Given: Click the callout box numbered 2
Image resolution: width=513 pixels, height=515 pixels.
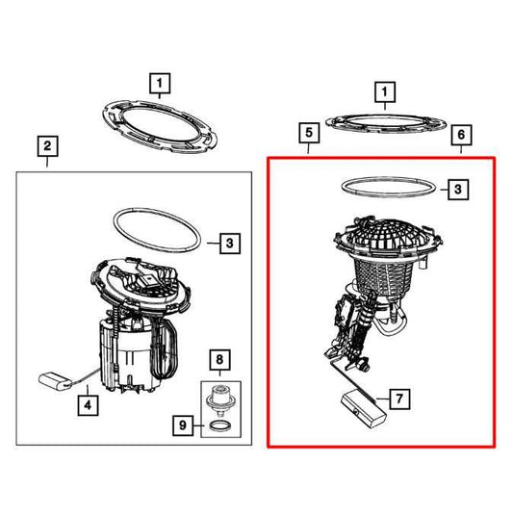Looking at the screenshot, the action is [x=47, y=146].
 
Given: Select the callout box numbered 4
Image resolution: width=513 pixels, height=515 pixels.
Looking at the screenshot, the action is [x=88, y=405].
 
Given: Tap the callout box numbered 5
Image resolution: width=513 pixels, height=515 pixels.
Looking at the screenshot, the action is [x=309, y=133].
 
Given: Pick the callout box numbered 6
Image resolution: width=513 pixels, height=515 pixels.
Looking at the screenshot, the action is [x=461, y=135].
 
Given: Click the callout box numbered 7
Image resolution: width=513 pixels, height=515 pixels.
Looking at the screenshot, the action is [x=399, y=399].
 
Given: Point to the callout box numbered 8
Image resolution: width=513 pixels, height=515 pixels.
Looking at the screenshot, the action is [x=219, y=360].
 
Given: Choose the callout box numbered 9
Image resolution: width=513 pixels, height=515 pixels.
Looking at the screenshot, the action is [x=183, y=425].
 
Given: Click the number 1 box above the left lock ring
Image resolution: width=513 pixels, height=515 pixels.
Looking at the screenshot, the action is [x=160, y=84].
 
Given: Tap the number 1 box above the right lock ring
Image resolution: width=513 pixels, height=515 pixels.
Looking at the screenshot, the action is [x=385, y=92].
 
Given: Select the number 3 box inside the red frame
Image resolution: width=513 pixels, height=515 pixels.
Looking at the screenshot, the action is [x=458, y=190].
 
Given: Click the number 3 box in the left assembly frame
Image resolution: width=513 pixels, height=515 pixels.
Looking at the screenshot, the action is [x=230, y=244].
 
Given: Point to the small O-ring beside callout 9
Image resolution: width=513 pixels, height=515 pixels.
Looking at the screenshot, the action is [x=219, y=426].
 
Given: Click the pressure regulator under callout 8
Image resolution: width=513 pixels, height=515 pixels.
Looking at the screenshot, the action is [x=218, y=400].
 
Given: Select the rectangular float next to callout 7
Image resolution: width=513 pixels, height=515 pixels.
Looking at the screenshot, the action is [x=364, y=408].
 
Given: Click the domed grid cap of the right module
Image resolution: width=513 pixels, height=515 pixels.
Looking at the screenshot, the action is [x=388, y=237].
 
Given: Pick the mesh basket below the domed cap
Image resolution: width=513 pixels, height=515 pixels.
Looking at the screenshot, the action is [x=385, y=276].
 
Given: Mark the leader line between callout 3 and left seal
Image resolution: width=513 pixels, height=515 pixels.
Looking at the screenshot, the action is [x=214, y=244].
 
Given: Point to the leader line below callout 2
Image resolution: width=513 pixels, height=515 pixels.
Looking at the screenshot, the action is [x=47, y=163].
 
